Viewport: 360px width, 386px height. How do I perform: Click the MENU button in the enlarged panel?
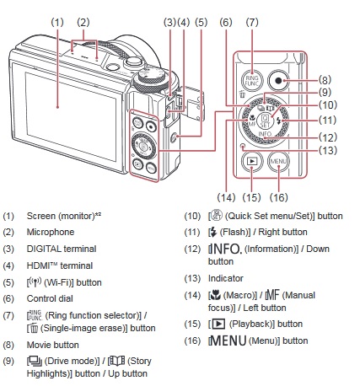[278, 162]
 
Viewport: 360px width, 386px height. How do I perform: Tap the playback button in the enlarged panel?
[252, 161]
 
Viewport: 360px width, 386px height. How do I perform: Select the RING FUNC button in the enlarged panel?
[252, 81]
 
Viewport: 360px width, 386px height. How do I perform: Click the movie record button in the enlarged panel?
[278, 81]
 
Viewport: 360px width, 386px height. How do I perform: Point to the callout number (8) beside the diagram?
[325, 80]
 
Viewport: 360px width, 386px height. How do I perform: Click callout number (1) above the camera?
[57, 22]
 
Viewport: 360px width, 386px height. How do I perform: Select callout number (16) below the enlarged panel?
[278, 197]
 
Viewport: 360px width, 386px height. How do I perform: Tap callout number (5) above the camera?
[201, 22]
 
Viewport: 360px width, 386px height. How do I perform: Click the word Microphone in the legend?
[51, 232]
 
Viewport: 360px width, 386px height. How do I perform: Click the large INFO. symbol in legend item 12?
[225, 249]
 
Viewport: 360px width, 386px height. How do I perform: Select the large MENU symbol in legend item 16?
[228, 340]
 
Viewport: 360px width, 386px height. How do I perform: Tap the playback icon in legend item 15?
[218, 324]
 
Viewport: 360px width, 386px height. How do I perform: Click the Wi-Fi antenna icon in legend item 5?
[35, 281]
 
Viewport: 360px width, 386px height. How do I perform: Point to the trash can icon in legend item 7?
[34, 329]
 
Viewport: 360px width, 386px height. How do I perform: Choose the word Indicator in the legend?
[226, 278]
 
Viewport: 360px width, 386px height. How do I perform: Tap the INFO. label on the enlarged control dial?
[265, 134]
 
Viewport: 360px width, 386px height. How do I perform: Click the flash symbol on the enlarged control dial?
[278, 121]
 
